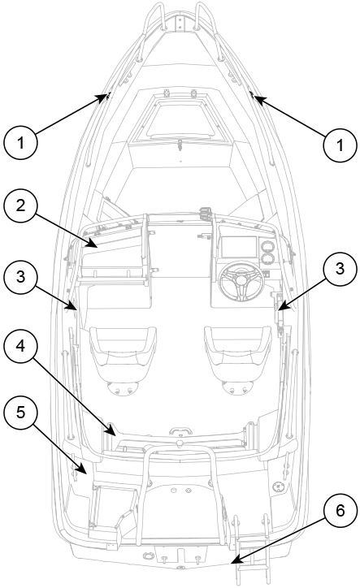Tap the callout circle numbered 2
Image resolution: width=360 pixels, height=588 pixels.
[x=20, y=205]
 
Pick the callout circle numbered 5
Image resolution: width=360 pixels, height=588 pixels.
[x=20, y=412]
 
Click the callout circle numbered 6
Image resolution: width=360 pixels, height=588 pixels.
[x=340, y=511]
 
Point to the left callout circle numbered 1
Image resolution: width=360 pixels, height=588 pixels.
[x=20, y=143]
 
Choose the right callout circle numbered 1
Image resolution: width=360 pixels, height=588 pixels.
[x=340, y=145]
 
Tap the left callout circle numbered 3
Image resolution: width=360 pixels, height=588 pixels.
[x=20, y=276]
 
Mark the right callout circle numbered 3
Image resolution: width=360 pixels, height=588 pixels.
[x=340, y=269]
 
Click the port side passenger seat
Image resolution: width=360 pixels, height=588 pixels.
[x=123, y=360]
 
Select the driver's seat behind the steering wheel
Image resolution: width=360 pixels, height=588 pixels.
[x=237, y=360]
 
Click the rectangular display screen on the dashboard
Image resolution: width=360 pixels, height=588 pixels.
[x=239, y=247]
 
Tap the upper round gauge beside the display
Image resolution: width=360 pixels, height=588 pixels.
[x=267, y=247]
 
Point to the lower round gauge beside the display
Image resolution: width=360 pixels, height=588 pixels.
[x=268, y=259]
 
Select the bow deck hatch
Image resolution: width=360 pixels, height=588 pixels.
[x=180, y=119]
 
